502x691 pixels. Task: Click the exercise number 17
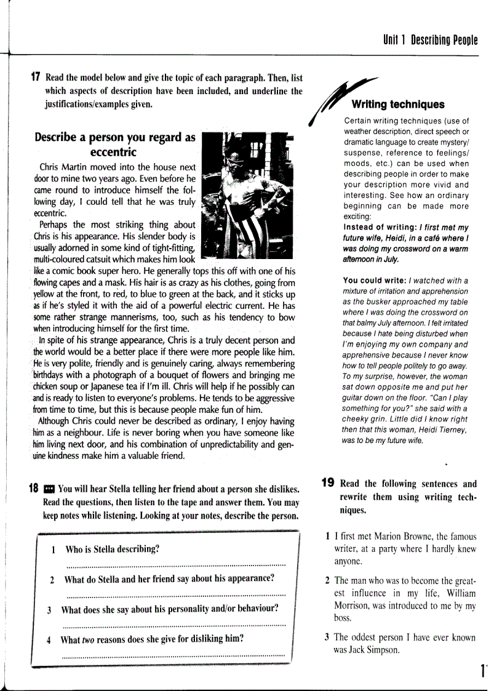pyautogui.click(x=36, y=78)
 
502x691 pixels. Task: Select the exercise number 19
pyautogui.click(x=329, y=483)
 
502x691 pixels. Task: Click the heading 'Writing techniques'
pyautogui.click(x=397, y=105)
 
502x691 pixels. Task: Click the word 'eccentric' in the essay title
pyautogui.click(x=113, y=152)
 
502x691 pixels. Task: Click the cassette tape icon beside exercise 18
pyautogui.click(x=49, y=490)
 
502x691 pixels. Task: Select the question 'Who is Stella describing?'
pyautogui.click(x=113, y=549)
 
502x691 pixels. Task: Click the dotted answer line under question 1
pyautogui.click(x=175, y=564)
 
